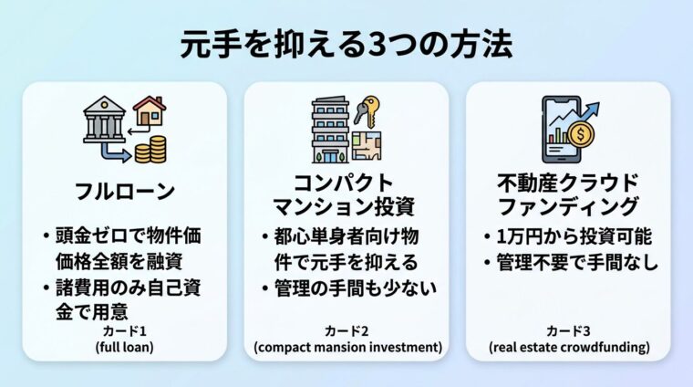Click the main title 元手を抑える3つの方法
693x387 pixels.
click(346, 43)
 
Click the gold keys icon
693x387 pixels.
click(369, 109)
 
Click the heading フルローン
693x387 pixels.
click(124, 193)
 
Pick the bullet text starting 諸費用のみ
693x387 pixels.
click(128, 301)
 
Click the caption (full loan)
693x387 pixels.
click(124, 347)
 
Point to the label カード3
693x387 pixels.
click(567, 330)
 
